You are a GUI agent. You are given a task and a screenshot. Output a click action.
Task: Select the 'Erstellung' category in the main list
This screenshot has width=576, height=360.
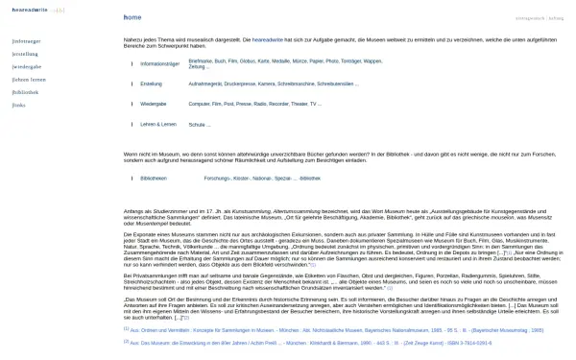[151, 84]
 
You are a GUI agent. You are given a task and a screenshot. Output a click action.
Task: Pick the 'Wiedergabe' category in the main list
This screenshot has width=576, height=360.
[153, 103]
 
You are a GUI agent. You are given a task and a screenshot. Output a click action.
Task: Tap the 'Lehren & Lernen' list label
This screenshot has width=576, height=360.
[157, 125]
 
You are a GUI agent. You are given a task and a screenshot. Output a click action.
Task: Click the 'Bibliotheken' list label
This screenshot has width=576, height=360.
[154, 179]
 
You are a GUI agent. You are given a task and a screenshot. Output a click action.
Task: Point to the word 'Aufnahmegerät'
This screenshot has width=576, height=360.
[204, 84]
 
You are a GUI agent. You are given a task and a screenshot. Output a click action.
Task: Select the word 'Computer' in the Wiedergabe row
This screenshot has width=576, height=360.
[199, 103]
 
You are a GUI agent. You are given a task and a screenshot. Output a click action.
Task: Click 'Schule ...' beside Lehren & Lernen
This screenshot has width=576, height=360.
[199, 125]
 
